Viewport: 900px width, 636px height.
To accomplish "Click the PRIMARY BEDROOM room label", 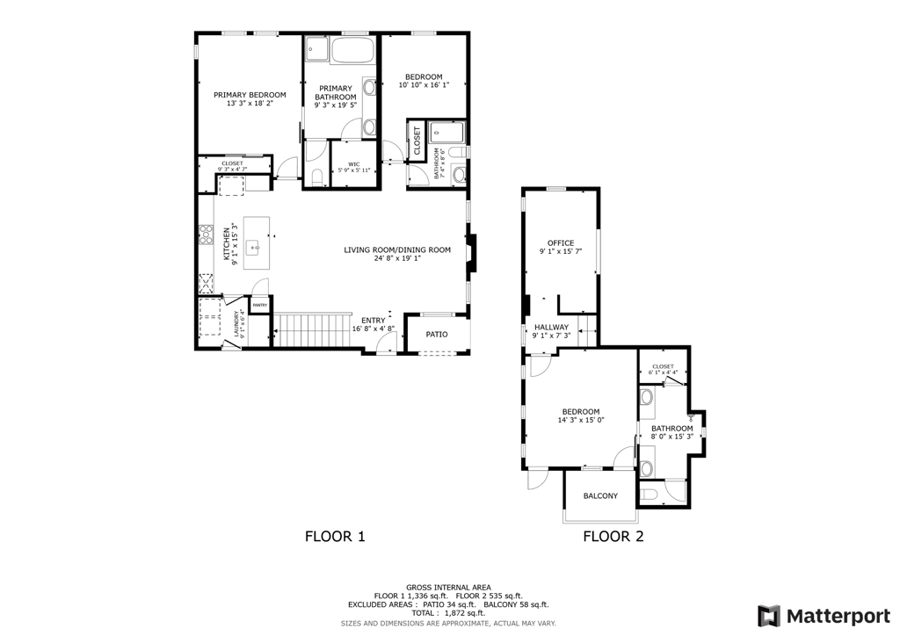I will click(x=250, y=95).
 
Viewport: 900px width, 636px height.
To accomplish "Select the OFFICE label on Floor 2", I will click(x=561, y=243).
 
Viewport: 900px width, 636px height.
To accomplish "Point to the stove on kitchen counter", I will click(x=206, y=234).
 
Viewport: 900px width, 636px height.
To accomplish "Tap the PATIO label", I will click(x=437, y=335).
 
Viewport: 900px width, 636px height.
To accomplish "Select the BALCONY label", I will click(x=600, y=496).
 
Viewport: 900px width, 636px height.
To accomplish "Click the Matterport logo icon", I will click(x=769, y=615).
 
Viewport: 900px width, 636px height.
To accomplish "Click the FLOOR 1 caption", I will click(x=334, y=536).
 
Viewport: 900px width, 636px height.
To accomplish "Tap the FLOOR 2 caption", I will click(x=613, y=536).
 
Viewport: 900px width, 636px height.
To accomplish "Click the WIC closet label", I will click(x=354, y=164).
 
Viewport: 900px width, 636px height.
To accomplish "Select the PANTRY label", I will click(x=260, y=305).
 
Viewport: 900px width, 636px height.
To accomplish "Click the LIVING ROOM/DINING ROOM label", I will click(x=397, y=250).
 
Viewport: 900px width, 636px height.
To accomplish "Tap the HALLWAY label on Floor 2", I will click(x=552, y=327).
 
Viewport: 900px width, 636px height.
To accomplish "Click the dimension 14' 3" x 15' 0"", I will click(x=581, y=420).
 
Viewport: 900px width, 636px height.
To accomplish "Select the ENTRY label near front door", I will click(x=373, y=320).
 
